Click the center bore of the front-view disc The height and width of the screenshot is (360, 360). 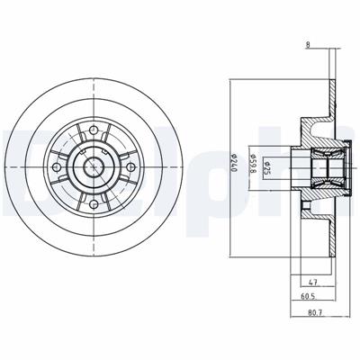pos(94,166)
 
